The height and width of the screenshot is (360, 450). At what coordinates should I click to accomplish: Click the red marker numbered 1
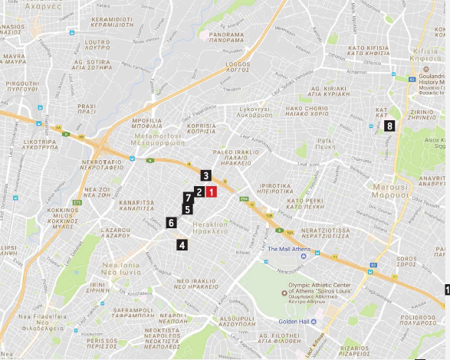[211, 192]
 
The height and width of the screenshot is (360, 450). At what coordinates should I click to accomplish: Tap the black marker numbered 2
[199, 192]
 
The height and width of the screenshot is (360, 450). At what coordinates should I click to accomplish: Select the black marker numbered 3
[206, 175]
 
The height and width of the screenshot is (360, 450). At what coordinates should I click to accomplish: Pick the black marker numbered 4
[182, 245]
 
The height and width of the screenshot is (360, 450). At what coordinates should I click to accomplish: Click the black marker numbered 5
[187, 208]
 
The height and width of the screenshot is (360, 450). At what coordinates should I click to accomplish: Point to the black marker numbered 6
[171, 222]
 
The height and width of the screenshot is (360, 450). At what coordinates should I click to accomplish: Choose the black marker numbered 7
[189, 198]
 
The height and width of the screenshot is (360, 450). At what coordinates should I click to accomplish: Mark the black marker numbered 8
[390, 126]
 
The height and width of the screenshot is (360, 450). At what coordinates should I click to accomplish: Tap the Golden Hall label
[293, 322]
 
